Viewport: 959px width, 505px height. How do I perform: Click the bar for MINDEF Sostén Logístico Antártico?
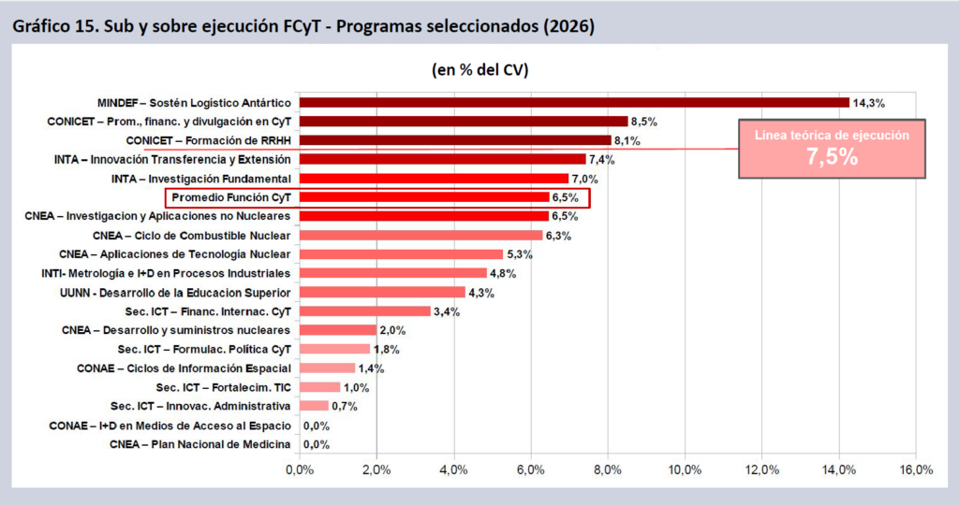pos(573,102)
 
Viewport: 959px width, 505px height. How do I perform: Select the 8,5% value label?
pos(643,122)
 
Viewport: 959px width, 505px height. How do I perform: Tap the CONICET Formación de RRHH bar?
pos(454,140)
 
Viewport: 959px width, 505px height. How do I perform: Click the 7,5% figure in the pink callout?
pos(832,156)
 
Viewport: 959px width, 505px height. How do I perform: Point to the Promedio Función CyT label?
pos(231,197)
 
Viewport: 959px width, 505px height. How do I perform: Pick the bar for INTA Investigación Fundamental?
pos(434,179)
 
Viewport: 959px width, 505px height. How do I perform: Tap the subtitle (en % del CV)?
pos(479,70)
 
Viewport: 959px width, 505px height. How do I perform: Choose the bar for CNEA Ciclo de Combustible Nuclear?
pos(420,236)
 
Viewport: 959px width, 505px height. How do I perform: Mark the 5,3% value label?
pos(519,254)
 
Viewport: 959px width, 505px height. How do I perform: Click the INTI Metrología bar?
pos(391,273)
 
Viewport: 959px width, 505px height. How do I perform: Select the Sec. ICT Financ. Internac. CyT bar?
pos(364,311)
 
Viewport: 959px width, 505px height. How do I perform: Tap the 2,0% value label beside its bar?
pos(391,330)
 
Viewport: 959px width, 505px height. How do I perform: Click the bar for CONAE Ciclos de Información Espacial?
pos(326,368)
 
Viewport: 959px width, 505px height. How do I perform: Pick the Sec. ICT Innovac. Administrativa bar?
pos(313,406)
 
